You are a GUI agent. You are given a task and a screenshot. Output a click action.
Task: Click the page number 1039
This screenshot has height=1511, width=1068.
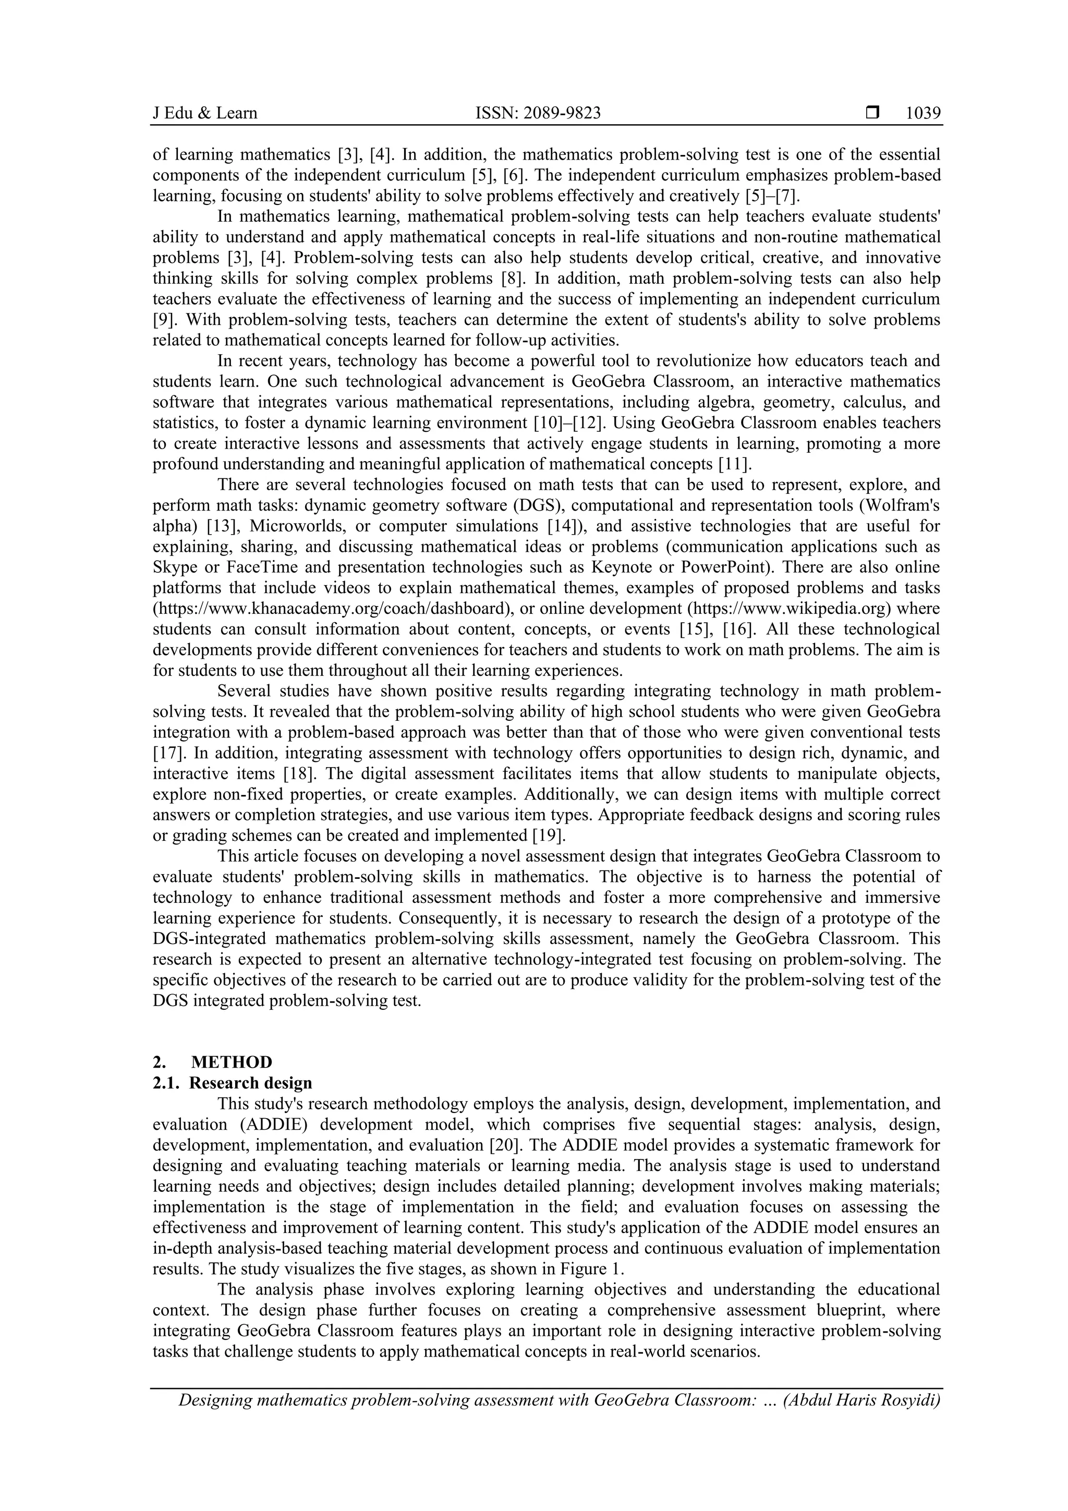click(x=923, y=113)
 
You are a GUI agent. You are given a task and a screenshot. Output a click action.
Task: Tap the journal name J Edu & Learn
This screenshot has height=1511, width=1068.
click(x=204, y=113)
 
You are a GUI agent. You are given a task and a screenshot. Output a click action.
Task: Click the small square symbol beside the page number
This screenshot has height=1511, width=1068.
click(x=872, y=113)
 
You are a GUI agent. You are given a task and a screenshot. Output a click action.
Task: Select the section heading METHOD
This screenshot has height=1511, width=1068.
click(x=232, y=1062)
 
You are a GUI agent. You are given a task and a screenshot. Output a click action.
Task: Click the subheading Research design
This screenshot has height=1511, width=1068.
click(x=251, y=1083)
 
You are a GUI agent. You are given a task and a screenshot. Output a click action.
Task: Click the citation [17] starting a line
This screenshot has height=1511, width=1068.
click(x=166, y=753)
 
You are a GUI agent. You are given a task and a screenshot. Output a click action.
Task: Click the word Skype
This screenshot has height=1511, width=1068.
click(x=174, y=566)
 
